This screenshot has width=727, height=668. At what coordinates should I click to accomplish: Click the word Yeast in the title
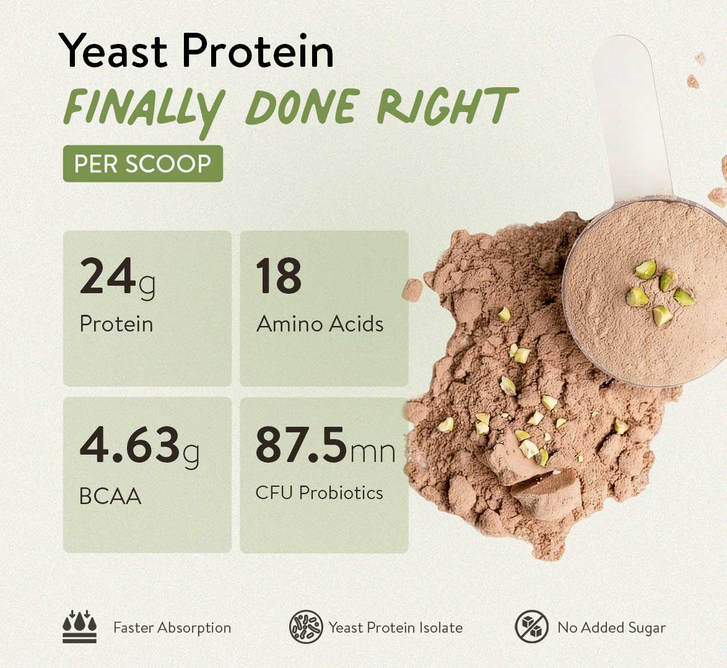113,50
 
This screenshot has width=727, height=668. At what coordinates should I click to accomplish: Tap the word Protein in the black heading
258,50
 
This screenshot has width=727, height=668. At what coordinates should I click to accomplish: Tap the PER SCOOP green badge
143,163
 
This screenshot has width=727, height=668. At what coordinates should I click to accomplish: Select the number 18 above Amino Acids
279,276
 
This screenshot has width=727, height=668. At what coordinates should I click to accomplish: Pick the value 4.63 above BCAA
129,445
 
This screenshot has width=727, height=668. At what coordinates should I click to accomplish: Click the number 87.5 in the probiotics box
301,445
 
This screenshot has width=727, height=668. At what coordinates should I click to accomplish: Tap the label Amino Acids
320,324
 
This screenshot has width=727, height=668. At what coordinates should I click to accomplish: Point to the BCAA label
110,496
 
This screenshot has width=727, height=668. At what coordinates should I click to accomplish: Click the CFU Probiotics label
320,492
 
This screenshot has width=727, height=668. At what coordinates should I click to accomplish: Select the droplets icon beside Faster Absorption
80,627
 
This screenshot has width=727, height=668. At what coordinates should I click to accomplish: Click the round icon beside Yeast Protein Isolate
306,627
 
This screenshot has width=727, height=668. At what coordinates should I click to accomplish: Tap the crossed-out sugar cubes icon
532,627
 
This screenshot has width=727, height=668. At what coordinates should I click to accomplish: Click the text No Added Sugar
612,628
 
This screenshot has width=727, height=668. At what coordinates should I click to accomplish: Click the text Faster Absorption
172,628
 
